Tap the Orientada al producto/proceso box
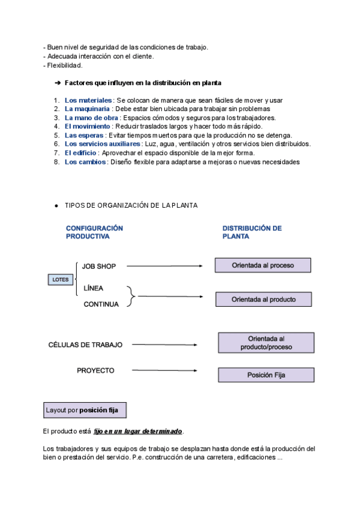coord(266,343)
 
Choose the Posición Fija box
coord(266,375)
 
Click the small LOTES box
coord(61,280)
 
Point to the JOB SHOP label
coord(99,266)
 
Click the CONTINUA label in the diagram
coord(101,304)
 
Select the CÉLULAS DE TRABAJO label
coord(85,345)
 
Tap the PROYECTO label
coord(95,370)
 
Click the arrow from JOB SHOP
coord(162,265)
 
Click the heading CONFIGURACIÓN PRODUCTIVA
coord(94,232)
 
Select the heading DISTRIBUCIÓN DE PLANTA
coord(252,232)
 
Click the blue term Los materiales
coord(88,100)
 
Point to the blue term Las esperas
coord(85,136)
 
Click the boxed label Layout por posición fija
coord(85,411)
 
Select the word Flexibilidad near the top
coord(65,65)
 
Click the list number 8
coord(56,162)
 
